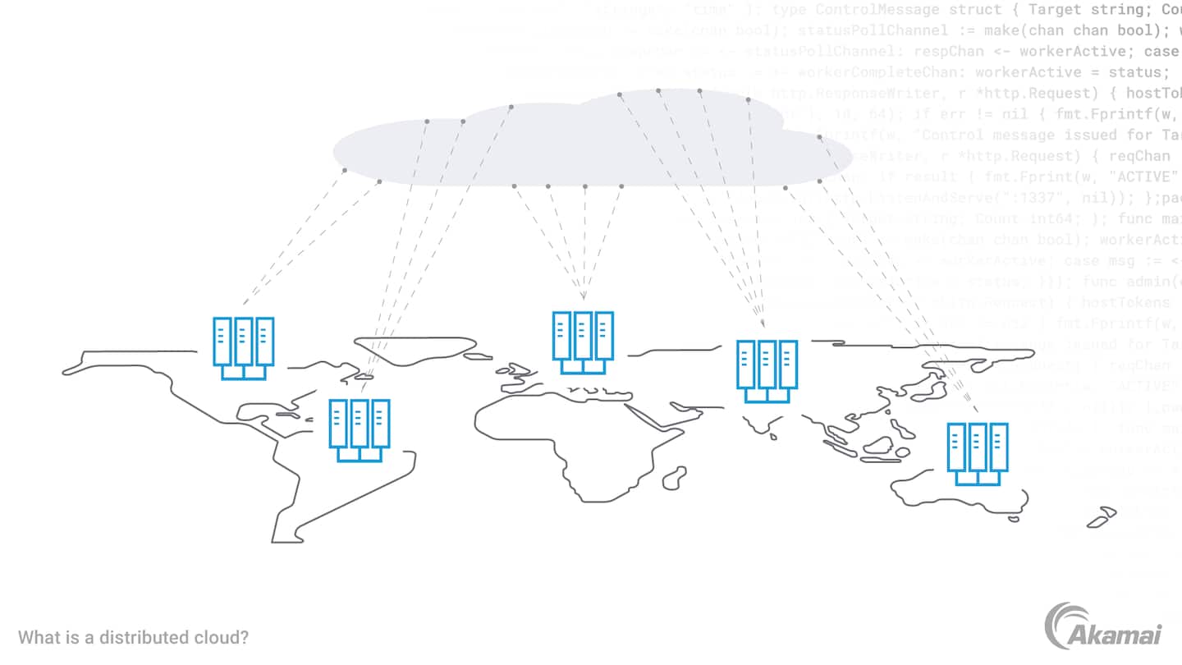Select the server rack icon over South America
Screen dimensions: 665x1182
pyautogui.click(x=359, y=429)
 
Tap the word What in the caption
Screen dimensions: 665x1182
pyautogui.click(x=36, y=637)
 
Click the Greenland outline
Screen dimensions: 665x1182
pyautogui.click(x=415, y=348)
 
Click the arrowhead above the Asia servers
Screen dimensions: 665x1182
pyautogui.click(x=763, y=324)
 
